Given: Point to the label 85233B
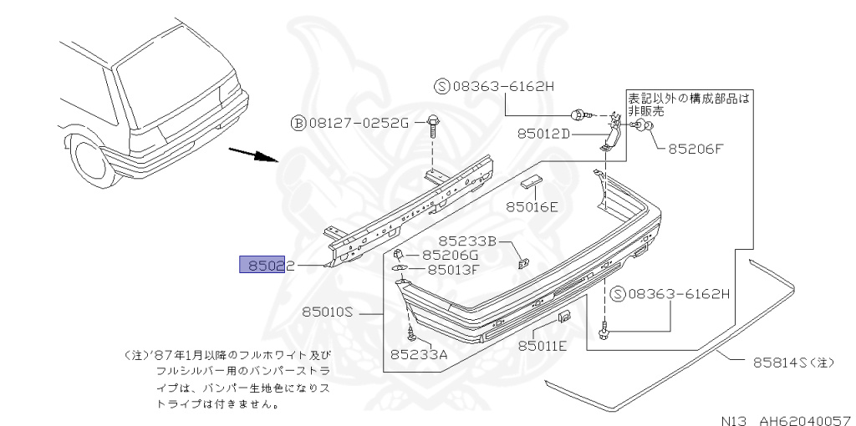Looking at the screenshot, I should [468, 241].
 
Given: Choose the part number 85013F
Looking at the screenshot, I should [452, 269].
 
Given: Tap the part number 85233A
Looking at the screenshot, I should [418, 354].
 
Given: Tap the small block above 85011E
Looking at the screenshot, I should [564, 317].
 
